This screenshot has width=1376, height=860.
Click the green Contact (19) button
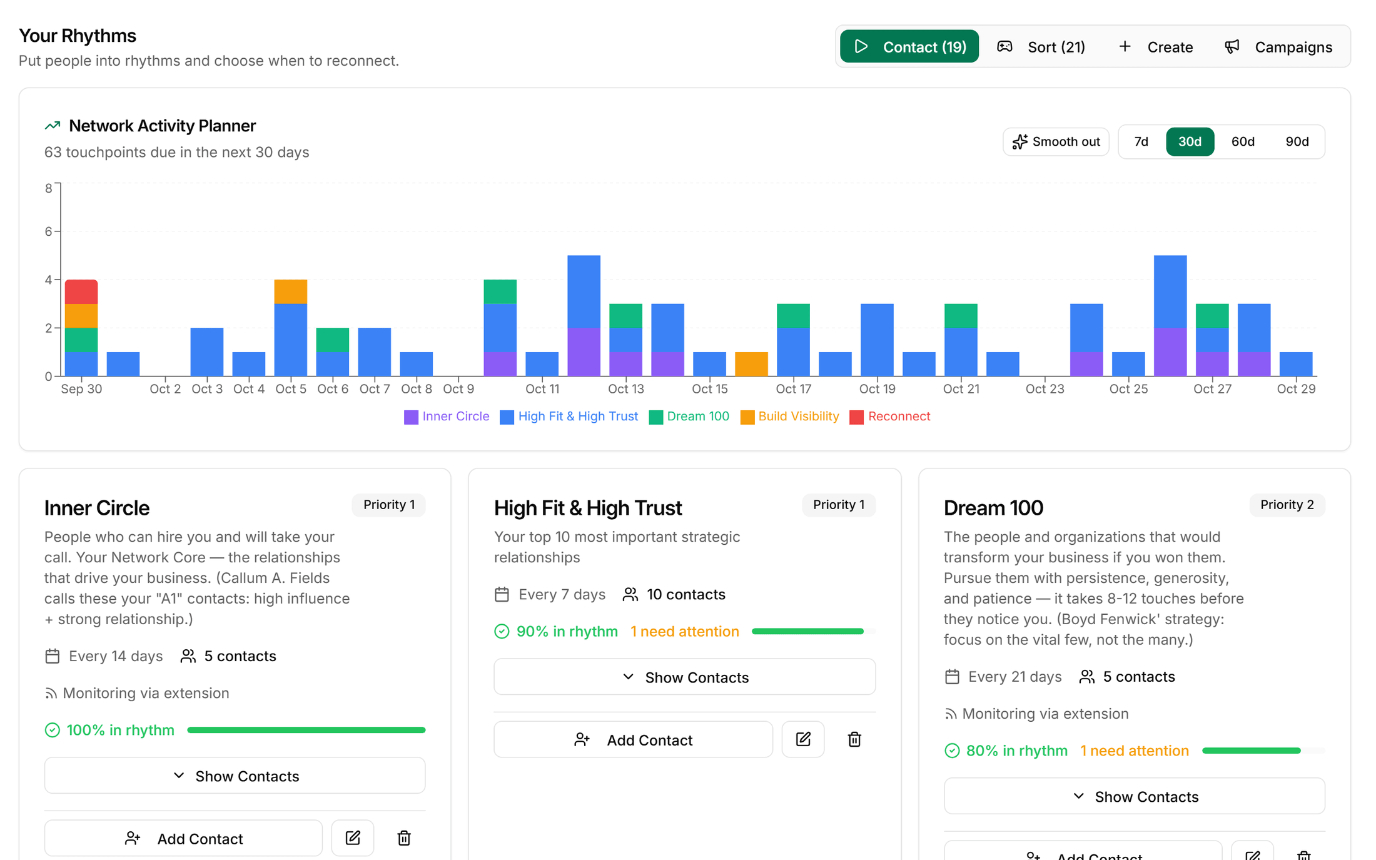pos(909,47)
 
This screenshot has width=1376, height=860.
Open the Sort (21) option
pos(1041,47)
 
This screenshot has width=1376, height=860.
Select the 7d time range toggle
pos(1141,141)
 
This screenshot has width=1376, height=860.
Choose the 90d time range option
pos(1297,141)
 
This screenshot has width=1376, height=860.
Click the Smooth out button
pos(1056,141)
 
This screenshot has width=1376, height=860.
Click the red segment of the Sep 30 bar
pos(81,291)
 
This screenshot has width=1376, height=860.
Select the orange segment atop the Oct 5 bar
pos(291,291)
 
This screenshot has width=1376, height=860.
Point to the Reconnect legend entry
pos(890,417)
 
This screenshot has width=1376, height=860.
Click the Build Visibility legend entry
pos(790,417)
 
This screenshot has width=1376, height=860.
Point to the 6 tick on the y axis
pos(48,231)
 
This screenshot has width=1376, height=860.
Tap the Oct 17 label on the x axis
pos(793,389)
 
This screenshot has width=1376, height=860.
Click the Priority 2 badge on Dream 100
pos(1287,505)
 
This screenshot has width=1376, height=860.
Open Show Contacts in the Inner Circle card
pos(235,776)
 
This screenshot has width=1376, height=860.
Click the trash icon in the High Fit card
pos(854,739)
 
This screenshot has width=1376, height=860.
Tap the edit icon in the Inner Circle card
pos(353,837)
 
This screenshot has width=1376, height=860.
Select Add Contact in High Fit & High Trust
pos(633,739)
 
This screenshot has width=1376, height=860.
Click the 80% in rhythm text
pos(1016,751)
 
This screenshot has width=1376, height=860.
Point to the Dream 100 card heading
pos(993,508)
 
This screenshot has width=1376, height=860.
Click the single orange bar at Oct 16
pos(751,364)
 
